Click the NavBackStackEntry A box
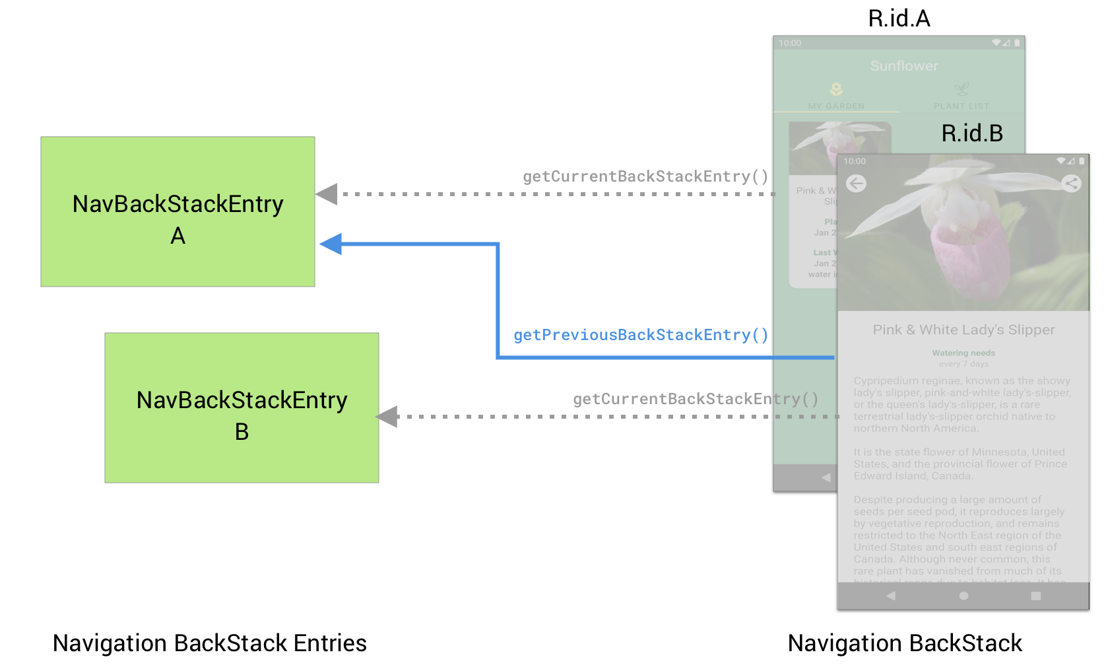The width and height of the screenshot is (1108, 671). [178, 211]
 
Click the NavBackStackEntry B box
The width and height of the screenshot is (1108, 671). [242, 407]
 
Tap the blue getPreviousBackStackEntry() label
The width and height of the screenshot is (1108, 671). [641, 335]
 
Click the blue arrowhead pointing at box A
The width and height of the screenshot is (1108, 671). [331, 244]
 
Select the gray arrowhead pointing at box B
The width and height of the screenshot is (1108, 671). [387, 417]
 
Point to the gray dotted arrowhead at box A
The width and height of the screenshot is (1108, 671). [327, 194]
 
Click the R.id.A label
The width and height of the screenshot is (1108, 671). [899, 18]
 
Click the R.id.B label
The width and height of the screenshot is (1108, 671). [971, 133]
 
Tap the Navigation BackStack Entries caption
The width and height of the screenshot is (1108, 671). [209, 643]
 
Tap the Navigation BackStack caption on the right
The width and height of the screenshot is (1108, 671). [905, 643]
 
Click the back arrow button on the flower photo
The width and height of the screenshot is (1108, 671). [857, 184]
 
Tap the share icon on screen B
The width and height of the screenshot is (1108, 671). [1071, 184]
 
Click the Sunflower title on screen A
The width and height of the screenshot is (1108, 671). [903, 66]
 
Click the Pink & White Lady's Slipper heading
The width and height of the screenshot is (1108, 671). [963, 330]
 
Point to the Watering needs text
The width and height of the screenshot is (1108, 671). [963, 353]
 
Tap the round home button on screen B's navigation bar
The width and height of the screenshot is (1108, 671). [963, 596]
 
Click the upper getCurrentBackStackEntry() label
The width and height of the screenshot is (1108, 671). [645, 176]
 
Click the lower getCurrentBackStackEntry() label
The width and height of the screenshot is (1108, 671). [696, 399]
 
